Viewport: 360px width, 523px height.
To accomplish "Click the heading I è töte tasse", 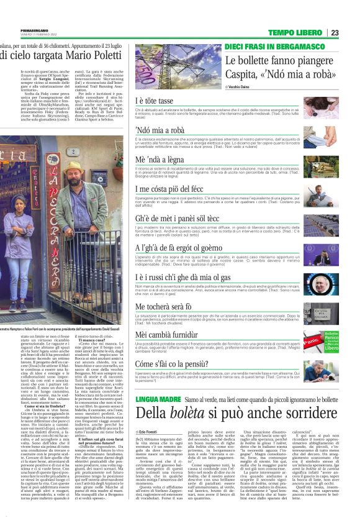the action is (154, 100).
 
